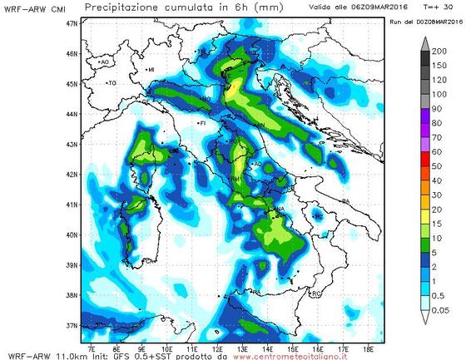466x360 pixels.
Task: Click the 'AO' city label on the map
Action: click(105, 62)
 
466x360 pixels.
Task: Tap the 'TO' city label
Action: click(112, 83)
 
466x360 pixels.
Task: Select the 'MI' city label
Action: click(151, 70)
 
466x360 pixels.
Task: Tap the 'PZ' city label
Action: click(319, 215)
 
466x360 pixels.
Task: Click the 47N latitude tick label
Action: click(72, 23)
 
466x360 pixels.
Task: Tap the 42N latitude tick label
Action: click(72, 175)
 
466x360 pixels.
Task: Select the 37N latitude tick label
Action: click(72, 325)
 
